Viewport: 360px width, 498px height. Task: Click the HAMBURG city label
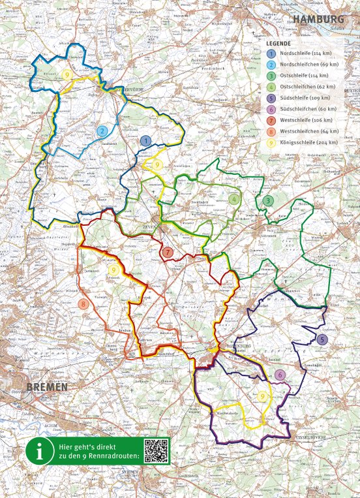tap(318, 20)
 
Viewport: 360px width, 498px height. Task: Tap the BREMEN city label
tap(47, 387)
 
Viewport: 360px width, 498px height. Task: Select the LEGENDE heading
tap(278, 42)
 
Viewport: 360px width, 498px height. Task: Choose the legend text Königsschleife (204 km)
tap(308, 142)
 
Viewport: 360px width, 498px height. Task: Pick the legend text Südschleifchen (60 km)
tap(308, 109)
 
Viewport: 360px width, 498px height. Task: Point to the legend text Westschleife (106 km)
tap(307, 120)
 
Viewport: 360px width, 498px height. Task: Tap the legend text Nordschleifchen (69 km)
tap(309, 65)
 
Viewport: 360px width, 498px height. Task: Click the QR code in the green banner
tap(156, 450)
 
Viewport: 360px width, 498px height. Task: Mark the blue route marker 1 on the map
tap(146, 140)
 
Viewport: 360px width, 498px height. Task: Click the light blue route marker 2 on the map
tap(102, 131)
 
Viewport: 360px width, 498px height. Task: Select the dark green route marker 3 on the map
tap(268, 200)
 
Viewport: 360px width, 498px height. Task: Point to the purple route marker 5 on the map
tap(322, 339)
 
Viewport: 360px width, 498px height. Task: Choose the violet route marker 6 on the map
tap(279, 375)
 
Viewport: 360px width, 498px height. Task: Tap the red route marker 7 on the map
tap(168, 252)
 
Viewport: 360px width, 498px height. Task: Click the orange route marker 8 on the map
tap(83, 303)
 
